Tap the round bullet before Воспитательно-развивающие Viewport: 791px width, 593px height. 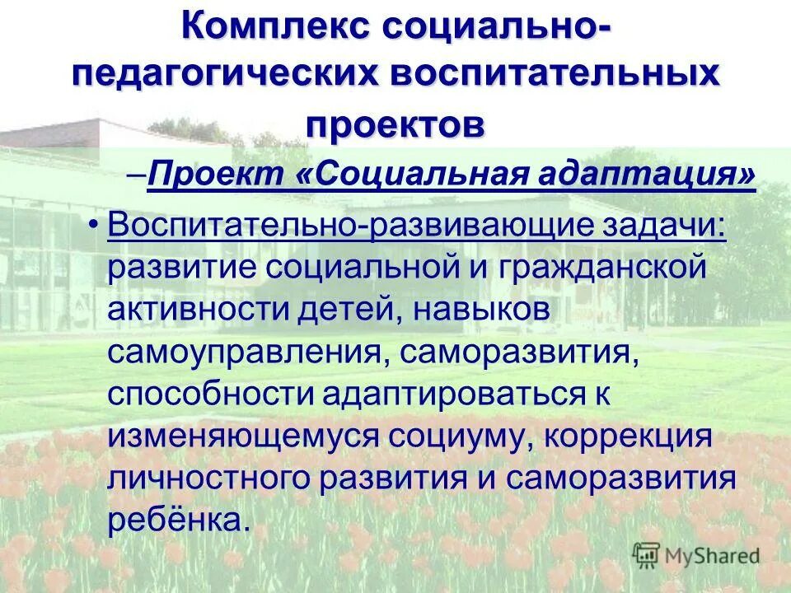(x=96, y=225)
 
